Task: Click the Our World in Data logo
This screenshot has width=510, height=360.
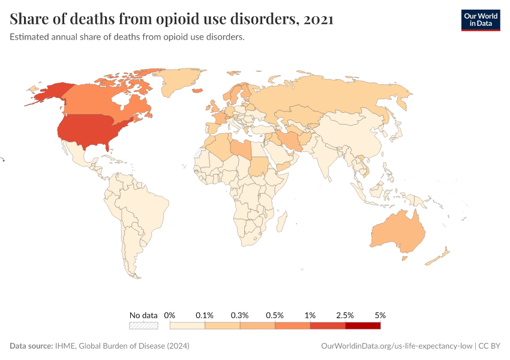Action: (480, 20)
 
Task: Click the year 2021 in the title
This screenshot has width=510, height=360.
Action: (319, 19)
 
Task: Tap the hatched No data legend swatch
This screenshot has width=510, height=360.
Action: (143, 326)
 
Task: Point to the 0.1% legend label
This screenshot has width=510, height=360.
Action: (205, 315)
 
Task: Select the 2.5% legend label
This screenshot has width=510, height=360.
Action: (345, 315)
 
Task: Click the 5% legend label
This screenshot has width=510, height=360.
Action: (380, 315)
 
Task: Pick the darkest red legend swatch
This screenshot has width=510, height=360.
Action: (362, 326)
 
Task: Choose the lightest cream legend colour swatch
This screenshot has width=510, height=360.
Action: (187, 326)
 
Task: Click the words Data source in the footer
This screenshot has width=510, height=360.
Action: (31, 346)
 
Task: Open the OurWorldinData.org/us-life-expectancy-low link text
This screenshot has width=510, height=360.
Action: (397, 346)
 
